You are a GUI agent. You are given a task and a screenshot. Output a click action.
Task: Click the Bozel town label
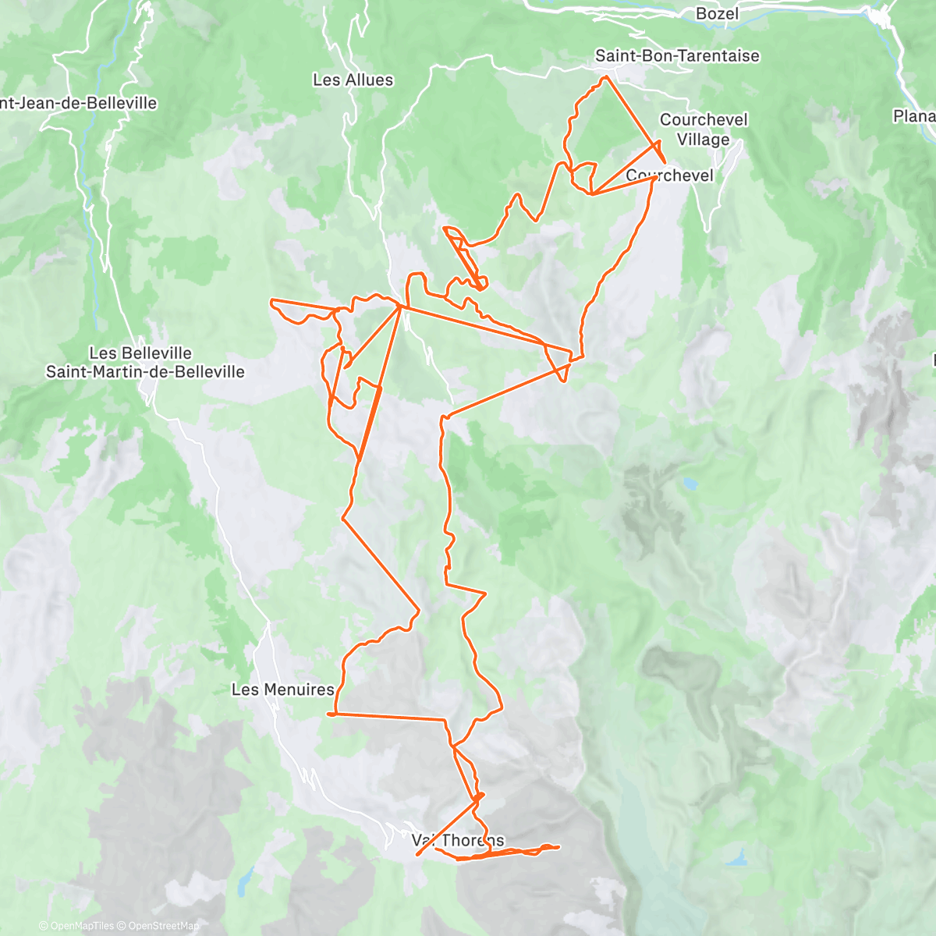[717, 13]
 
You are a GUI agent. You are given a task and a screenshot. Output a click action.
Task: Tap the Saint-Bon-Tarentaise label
[676, 55]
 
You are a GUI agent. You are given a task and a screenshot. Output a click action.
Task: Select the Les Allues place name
[353, 80]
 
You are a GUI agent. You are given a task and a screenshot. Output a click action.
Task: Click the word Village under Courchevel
[703, 140]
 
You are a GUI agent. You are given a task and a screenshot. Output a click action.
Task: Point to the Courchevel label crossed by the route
[669, 175]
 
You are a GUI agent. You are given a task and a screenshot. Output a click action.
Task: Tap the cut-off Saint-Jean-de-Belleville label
[78, 103]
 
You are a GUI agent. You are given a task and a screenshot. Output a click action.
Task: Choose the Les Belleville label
[140, 353]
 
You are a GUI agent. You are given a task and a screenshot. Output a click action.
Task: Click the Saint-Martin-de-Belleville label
[145, 372]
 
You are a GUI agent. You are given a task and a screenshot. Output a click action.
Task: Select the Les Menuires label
[282, 690]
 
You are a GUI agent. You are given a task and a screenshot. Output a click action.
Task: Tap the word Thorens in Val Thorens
[473, 841]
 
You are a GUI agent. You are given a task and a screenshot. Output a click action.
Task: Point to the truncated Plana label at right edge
[914, 116]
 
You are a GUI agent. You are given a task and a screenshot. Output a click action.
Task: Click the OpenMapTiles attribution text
[82, 926]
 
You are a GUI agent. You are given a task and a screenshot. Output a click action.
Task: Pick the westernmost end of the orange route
[271, 300]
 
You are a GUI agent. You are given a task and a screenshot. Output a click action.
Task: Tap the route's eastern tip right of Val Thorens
[558, 846]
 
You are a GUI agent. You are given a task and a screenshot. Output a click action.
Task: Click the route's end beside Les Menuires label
[328, 714]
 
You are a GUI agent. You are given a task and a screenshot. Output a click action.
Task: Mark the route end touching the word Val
[418, 854]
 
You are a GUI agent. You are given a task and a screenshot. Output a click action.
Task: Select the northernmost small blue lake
[689, 484]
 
